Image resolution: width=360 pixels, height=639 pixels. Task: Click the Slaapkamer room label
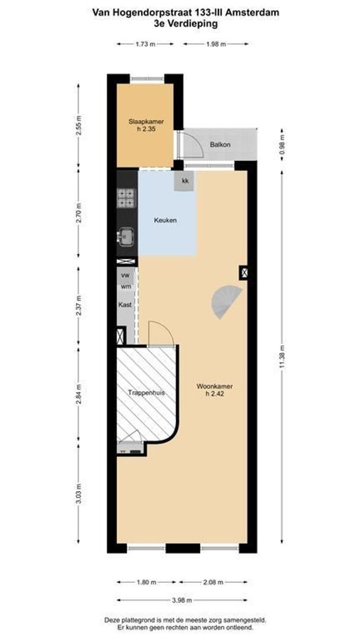pyautogui.click(x=146, y=122)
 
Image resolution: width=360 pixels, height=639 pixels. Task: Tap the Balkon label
pyautogui.click(x=220, y=144)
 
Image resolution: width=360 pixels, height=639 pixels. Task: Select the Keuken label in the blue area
pyautogui.click(x=165, y=220)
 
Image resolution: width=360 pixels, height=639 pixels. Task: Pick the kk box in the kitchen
pyautogui.click(x=185, y=182)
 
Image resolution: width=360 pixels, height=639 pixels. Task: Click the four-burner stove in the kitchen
pyautogui.click(x=126, y=198)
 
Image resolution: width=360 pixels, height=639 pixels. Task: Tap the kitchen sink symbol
pyautogui.click(x=126, y=237)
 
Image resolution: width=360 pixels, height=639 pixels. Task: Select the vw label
pyautogui.click(x=126, y=276)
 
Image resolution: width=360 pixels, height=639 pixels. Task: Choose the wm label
pyautogui.click(x=126, y=286)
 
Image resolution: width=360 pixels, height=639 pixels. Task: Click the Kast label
pyautogui.click(x=124, y=305)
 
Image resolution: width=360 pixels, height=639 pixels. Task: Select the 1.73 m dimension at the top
pyautogui.click(x=145, y=44)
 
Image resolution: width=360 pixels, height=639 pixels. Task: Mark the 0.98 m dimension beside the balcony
pyautogui.click(x=282, y=144)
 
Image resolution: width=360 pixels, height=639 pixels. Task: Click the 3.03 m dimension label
pyautogui.click(x=78, y=494)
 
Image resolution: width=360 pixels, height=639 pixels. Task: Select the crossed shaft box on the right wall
pyautogui.click(x=243, y=272)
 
